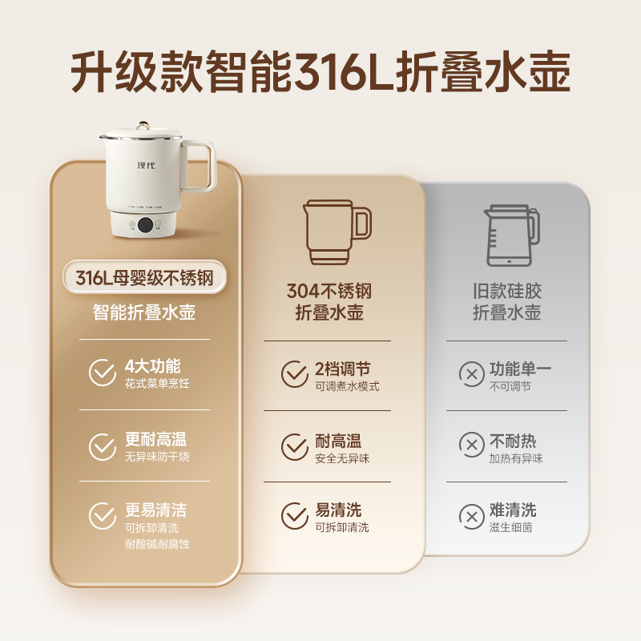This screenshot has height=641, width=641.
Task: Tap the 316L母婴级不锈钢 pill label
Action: click(145, 278)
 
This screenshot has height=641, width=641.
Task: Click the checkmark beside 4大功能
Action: click(103, 373)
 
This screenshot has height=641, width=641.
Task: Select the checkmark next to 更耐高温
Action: click(103, 446)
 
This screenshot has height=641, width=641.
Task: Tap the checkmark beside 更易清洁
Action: click(103, 516)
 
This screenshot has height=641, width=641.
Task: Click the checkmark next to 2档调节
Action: click(294, 374)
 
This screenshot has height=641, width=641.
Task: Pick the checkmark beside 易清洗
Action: click(294, 516)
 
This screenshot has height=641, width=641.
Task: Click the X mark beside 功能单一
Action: click(470, 374)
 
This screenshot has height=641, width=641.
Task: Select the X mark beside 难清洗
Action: click(470, 515)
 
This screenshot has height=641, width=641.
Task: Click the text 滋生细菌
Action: click(510, 527)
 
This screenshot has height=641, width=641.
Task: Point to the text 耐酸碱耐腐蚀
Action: click(157, 545)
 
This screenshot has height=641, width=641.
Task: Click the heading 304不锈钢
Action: click(329, 291)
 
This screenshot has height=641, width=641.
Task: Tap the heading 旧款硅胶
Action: click(507, 291)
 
